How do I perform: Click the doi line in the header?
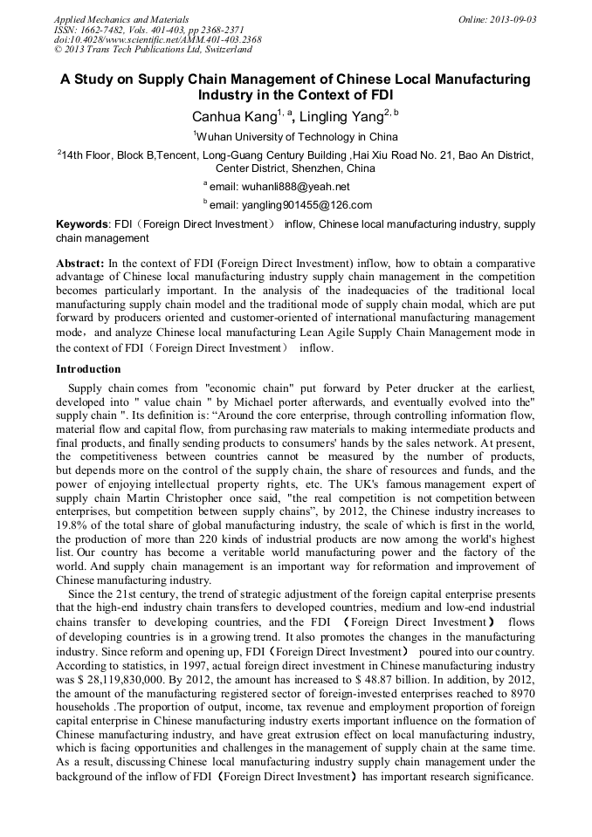click(x=157, y=39)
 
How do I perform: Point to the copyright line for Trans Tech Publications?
click(x=153, y=50)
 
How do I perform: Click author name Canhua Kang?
click(x=233, y=117)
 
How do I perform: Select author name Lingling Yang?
click(x=343, y=117)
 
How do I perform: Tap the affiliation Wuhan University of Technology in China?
click(x=297, y=137)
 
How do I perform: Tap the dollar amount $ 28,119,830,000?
click(x=120, y=676)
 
